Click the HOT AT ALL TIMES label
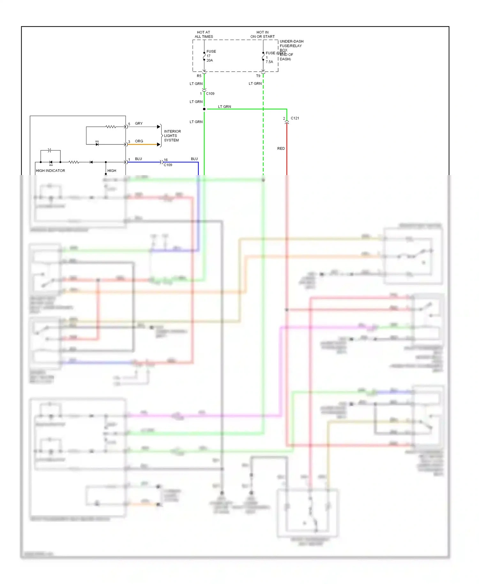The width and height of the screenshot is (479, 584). [204, 35]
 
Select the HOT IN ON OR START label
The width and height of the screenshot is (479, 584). [262, 35]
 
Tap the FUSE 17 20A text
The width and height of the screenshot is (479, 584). [211, 56]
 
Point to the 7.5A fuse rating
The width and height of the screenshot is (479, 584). [269, 62]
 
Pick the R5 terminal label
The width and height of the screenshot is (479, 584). [199, 76]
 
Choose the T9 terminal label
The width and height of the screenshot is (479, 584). [258, 76]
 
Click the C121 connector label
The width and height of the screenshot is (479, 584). [295, 118]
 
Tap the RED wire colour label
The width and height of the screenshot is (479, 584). [281, 149]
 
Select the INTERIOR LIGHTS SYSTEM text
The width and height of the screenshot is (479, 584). [172, 136]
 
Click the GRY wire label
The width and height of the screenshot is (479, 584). [139, 124]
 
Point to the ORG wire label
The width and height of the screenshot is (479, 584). [139, 141]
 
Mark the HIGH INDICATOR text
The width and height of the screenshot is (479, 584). [50, 171]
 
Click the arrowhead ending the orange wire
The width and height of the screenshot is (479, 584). [159, 144]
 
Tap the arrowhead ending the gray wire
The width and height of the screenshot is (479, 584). [159, 127]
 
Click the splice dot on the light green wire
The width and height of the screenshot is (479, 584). [204, 109]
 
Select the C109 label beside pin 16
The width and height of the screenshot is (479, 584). [168, 165]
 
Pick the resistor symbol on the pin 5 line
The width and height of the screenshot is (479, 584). [110, 127]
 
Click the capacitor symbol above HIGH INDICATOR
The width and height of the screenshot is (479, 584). [49, 150]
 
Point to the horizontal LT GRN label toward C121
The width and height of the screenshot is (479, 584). [224, 107]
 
